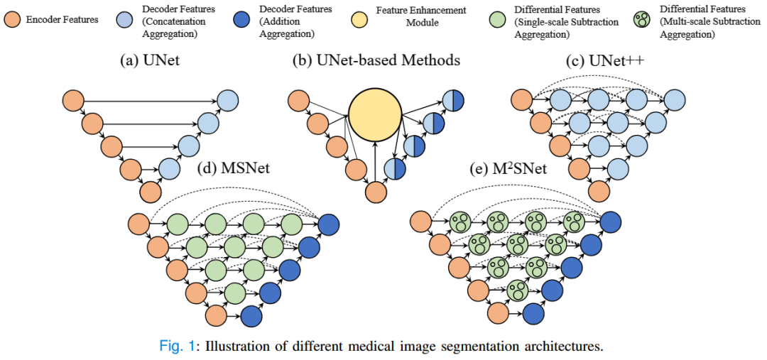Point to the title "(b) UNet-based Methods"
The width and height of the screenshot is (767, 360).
coord(376,60)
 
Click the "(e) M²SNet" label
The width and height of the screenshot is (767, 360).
coord(506,170)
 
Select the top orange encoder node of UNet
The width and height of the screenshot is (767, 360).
coord(73,101)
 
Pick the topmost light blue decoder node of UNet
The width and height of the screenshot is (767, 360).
coord(227,101)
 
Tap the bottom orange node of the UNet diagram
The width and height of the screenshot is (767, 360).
coord(150,192)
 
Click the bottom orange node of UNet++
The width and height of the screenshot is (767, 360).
coord(599,191)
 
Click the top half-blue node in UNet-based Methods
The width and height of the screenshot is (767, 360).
coord(452,101)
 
